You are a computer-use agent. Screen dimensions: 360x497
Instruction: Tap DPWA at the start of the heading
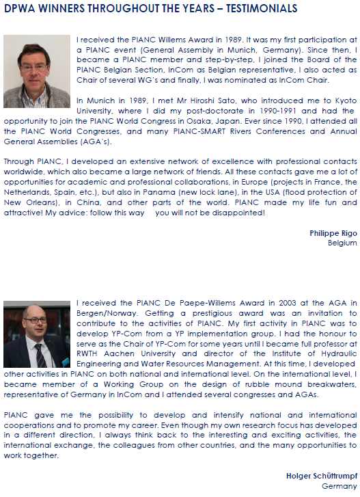pos(20,9)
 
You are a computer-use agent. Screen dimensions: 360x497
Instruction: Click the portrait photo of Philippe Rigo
pos(37,66)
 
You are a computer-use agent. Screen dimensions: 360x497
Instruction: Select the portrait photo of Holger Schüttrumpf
pos(37,334)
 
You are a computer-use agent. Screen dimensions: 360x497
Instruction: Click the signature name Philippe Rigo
pos(333,233)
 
